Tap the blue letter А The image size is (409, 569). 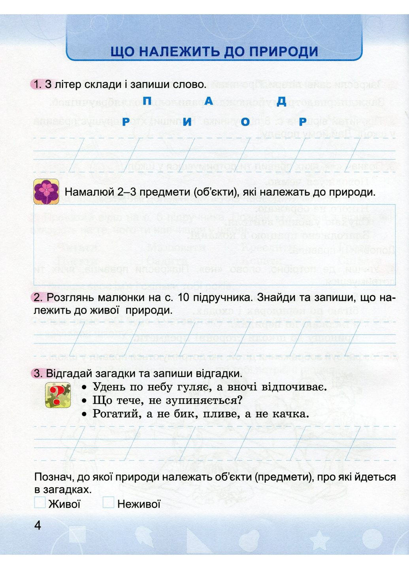point(209,101)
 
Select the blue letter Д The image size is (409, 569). point(281,102)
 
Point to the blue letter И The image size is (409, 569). point(187,122)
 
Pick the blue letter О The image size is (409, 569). point(245,122)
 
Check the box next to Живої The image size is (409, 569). point(40,503)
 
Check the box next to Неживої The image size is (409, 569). point(108,503)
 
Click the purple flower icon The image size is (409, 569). point(46,192)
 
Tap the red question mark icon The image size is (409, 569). point(58,395)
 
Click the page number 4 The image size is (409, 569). point(38,526)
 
